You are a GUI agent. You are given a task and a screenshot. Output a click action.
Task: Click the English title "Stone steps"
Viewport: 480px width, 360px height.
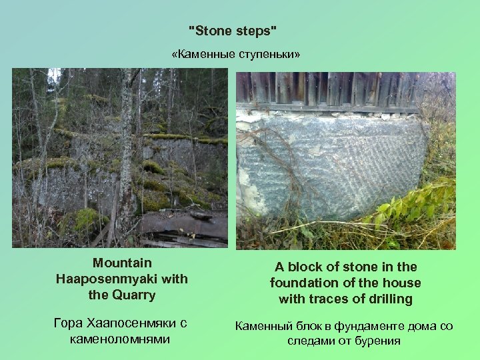[233, 31]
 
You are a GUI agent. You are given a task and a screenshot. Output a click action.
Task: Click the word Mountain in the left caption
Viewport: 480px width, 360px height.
[122, 263]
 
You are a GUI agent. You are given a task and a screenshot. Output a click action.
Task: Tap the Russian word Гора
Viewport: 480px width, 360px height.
[69, 324]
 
